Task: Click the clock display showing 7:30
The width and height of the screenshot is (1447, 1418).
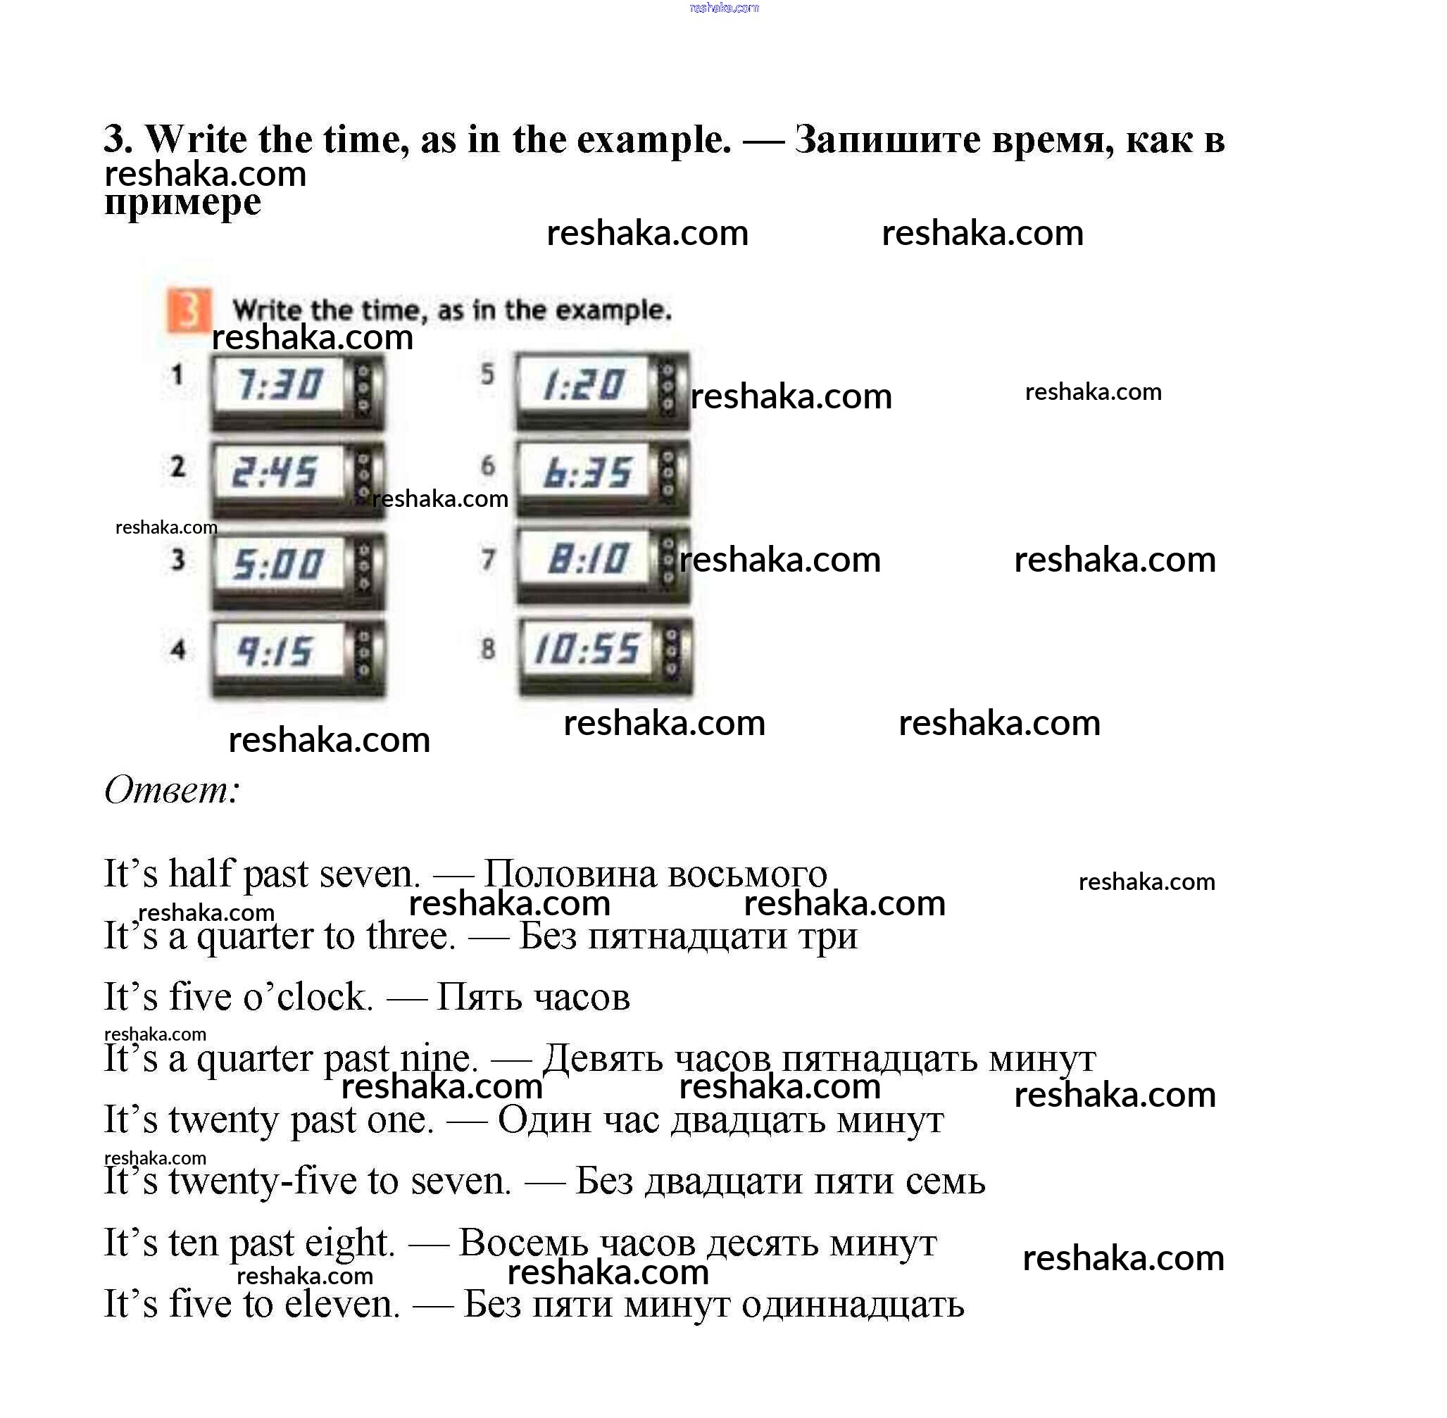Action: [x=279, y=384]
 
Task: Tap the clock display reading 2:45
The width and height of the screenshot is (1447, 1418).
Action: [x=275, y=473]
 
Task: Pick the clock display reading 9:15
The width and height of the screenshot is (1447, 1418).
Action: [x=275, y=653]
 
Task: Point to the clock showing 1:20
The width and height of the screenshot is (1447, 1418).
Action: [x=584, y=385]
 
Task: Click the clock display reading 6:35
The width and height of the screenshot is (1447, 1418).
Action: [x=587, y=473]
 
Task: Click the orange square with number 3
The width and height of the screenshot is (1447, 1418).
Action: [x=188, y=310]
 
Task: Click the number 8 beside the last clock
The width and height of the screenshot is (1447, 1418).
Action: [x=488, y=648]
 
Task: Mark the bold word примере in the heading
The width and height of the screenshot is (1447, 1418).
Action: [x=182, y=203]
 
